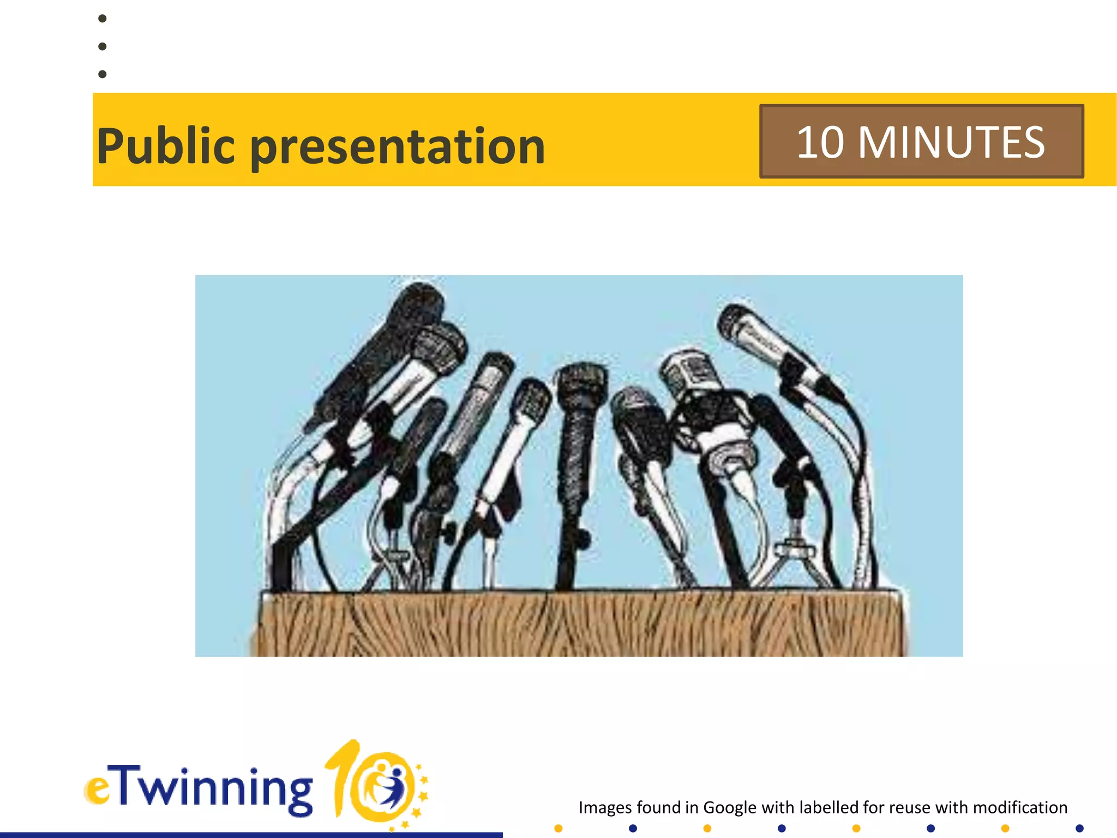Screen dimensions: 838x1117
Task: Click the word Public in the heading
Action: point(166,146)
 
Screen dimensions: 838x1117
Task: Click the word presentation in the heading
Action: point(398,147)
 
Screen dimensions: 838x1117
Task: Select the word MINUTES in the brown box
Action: point(951,142)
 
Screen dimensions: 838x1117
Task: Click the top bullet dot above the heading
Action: point(102,19)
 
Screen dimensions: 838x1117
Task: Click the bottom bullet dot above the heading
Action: point(102,74)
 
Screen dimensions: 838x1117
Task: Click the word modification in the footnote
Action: point(1020,807)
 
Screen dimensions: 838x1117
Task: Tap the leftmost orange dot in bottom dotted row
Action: point(558,829)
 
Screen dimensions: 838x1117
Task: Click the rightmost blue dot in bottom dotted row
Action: point(1079,829)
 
